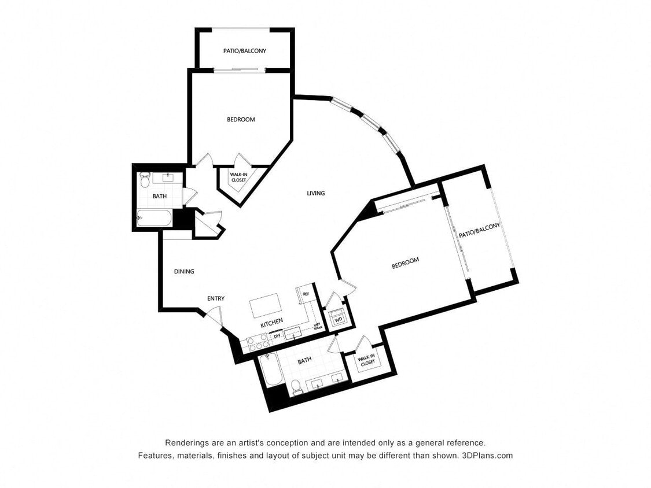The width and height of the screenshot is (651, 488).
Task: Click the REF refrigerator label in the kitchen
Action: [x=306, y=294]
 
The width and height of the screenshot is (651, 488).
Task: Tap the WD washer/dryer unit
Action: [x=337, y=319]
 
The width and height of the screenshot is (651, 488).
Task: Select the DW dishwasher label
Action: [x=277, y=335]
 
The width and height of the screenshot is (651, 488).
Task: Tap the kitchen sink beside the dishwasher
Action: [x=292, y=332]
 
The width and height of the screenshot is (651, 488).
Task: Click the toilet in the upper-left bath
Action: [x=145, y=180]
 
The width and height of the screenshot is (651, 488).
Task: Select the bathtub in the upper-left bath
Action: [x=154, y=219]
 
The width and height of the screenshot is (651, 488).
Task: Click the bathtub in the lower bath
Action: [x=271, y=369]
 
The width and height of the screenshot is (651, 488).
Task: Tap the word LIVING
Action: [x=315, y=193]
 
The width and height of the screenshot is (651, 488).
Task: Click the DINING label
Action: [x=184, y=271]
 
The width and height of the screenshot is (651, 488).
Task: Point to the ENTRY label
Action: [x=216, y=298]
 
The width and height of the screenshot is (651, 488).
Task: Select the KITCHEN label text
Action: [x=271, y=323]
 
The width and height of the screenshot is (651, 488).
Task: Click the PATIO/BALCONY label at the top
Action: [x=245, y=51]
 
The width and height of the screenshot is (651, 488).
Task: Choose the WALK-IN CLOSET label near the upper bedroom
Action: [x=238, y=177]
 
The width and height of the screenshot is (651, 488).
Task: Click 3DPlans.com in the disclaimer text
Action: [x=487, y=455]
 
